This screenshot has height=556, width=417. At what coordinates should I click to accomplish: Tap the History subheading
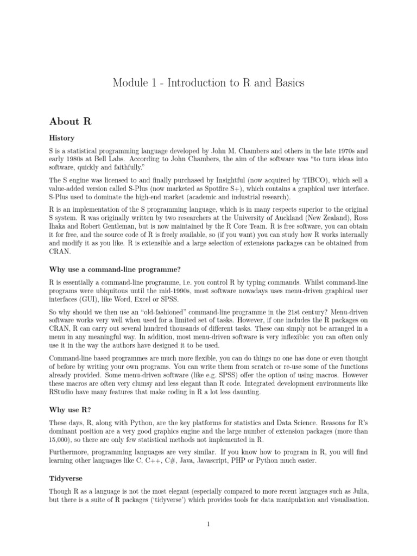[61, 138]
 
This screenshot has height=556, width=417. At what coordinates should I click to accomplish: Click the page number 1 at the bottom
[208, 525]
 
